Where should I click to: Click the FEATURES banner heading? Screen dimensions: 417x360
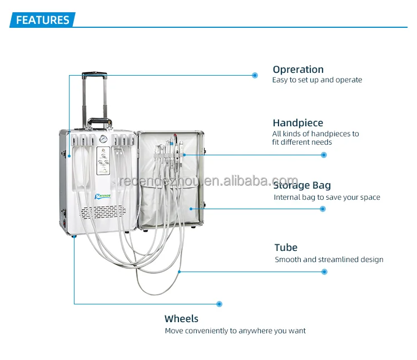click(x=43, y=21)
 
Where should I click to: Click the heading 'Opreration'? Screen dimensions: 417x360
click(x=298, y=70)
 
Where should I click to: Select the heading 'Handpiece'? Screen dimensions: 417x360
click(x=297, y=123)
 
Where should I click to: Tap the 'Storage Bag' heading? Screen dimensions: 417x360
click(x=302, y=185)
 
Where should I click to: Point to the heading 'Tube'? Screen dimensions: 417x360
click(x=286, y=248)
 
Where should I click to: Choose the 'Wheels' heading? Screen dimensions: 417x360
click(x=181, y=319)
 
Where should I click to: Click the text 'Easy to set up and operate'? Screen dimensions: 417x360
click(x=317, y=80)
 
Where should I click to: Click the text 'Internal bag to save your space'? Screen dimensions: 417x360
click(x=327, y=198)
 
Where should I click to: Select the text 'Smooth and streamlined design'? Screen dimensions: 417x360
click(x=329, y=260)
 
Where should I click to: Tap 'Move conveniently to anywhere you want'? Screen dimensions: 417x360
click(x=235, y=331)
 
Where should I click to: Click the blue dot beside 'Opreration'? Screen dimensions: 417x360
click(x=255, y=75)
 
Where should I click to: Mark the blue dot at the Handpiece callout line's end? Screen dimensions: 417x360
click(x=325, y=155)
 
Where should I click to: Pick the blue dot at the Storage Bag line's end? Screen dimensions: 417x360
click(x=322, y=209)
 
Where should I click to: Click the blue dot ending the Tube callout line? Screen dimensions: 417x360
click(x=325, y=272)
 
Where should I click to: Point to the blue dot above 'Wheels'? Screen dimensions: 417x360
click(x=220, y=304)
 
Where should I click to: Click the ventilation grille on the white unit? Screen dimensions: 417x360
click(x=103, y=211)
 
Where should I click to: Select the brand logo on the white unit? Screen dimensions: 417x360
click(x=104, y=195)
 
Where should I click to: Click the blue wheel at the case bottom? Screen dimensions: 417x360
click(x=75, y=236)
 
